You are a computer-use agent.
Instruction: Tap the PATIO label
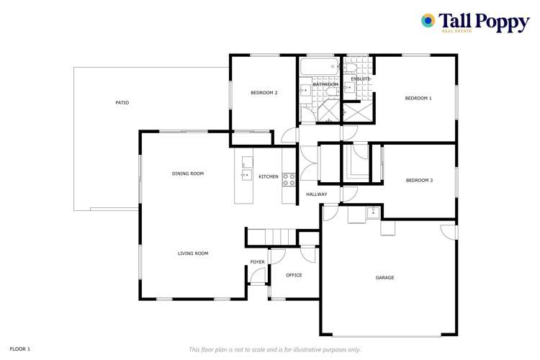tap(122, 103)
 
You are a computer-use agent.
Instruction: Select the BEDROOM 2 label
tap(264, 92)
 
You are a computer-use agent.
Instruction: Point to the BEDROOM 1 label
tap(418, 98)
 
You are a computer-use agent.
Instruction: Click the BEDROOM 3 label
tap(419, 180)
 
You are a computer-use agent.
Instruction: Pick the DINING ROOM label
tap(188, 174)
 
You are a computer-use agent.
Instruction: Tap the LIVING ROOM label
tap(193, 253)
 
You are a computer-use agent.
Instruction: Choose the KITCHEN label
tap(269, 177)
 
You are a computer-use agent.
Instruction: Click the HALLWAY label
tap(317, 194)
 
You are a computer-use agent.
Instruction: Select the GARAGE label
tap(384, 277)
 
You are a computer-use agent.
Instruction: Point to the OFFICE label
tap(294, 275)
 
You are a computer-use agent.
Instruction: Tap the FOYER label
tap(257, 261)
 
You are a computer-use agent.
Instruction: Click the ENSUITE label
tap(361, 78)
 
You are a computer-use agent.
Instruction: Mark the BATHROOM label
tap(325, 85)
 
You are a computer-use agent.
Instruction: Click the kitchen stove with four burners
tap(289, 179)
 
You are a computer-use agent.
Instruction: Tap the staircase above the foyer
tap(271, 237)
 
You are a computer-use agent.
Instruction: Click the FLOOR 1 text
tap(19, 348)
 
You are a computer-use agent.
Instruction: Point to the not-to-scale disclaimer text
tap(274, 349)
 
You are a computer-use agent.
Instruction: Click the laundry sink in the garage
tap(372, 212)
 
